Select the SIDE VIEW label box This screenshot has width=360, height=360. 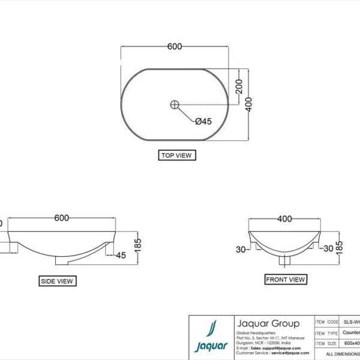[57, 281]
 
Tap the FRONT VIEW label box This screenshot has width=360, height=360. [286, 279]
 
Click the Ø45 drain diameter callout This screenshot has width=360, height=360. [204, 121]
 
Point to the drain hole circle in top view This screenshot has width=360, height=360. [175, 104]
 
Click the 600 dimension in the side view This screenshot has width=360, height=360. [62, 218]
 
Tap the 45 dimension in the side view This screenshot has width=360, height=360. [121, 256]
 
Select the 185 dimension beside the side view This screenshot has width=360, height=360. [137, 245]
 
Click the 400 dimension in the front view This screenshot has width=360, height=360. [284, 219]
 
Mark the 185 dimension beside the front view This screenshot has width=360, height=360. [340, 246]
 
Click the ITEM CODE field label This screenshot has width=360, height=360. [328, 322]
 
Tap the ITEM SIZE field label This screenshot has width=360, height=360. [328, 344]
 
